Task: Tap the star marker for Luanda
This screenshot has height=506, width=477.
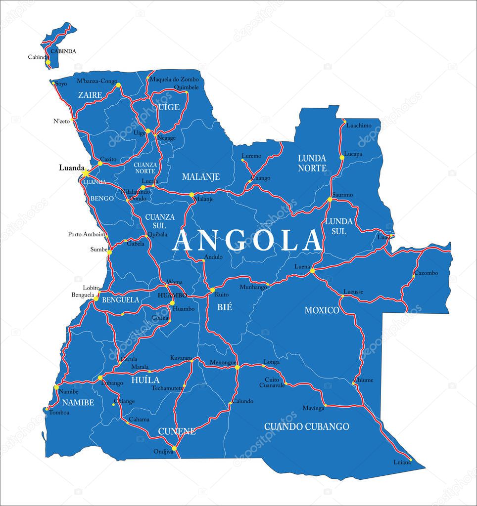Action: (86, 173)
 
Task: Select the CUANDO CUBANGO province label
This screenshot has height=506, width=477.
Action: (306, 426)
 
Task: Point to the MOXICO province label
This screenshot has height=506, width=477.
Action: (322, 310)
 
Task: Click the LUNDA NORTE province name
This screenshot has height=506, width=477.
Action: (312, 163)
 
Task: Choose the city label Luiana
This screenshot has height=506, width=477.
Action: (402, 462)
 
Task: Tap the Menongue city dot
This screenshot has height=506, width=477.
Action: (237, 367)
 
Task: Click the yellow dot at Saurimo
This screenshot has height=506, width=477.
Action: (330, 200)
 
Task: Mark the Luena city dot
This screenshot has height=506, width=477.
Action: (312, 271)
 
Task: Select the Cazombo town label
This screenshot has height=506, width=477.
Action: (426, 273)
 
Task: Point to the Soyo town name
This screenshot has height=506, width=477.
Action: (61, 84)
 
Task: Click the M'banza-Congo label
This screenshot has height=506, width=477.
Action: (97, 81)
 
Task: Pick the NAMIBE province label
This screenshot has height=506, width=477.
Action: (78, 403)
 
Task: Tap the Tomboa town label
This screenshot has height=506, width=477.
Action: (59, 412)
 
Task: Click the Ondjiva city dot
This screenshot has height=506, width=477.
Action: (174, 449)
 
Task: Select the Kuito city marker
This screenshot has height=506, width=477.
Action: (212, 290)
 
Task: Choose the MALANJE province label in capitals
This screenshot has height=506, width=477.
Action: (200, 177)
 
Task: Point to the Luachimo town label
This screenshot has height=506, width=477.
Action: (359, 126)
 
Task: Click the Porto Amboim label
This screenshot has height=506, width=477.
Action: (87, 234)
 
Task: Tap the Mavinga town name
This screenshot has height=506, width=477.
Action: (314, 408)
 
